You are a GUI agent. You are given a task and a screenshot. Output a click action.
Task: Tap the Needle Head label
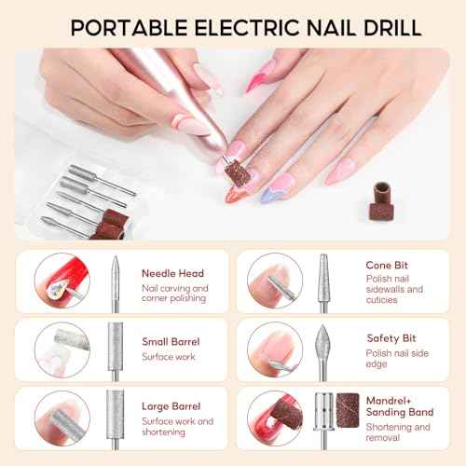[172, 274]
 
